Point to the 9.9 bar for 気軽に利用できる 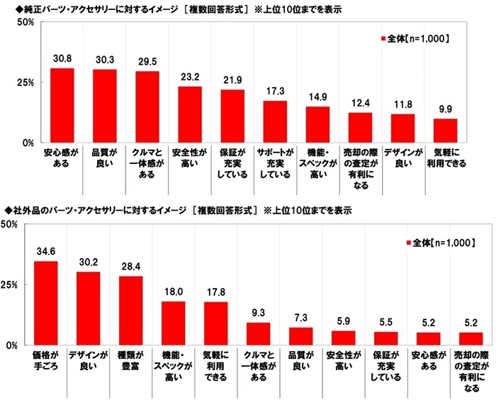[x=446, y=131]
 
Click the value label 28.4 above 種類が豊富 [x=130, y=267]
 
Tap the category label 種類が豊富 [x=130, y=360]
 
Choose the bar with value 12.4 [x=360, y=128]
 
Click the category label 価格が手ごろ [x=45, y=360]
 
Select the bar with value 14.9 [x=317, y=125]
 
